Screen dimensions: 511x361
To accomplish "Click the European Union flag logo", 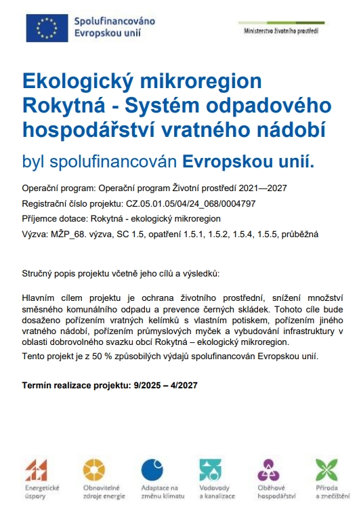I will click(x=47, y=26).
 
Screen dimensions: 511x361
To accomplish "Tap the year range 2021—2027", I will click(x=270, y=188).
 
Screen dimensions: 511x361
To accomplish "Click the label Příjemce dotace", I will click(x=51, y=218).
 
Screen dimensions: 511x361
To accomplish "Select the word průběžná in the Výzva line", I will click(x=297, y=234).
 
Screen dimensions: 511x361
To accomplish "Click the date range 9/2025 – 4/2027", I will click(x=164, y=385).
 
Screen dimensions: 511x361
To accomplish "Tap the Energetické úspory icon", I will click(x=37, y=469).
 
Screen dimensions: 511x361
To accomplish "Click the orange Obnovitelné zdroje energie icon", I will click(x=94, y=469).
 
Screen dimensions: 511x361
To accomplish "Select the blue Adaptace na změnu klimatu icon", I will click(x=153, y=469).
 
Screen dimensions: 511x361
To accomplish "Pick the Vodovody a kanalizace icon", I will click(x=211, y=469).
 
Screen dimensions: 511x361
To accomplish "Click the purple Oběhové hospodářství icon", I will click(x=269, y=469).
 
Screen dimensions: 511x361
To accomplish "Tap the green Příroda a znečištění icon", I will click(x=326, y=469).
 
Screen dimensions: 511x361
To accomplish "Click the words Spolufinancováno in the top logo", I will click(x=114, y=21).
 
